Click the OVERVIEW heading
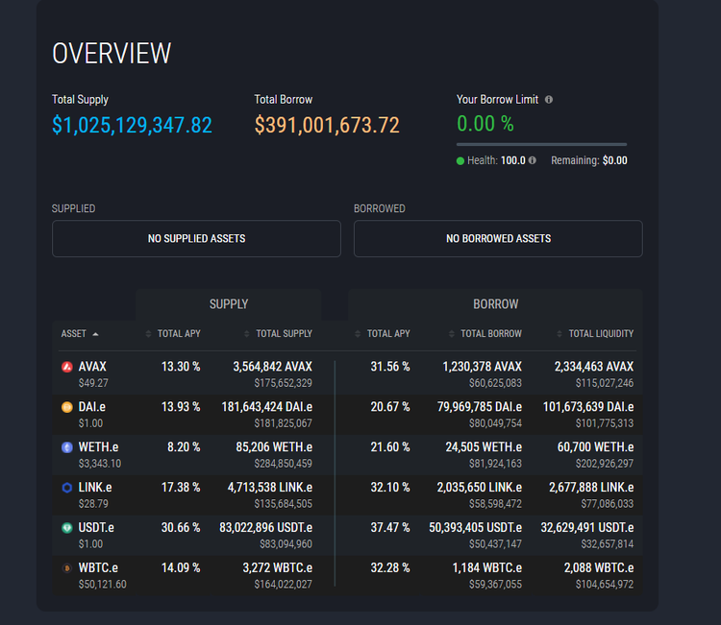112,53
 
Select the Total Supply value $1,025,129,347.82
132,125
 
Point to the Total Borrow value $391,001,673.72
327,125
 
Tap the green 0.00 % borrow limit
485,124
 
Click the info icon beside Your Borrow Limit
549,99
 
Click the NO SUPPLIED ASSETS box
196,238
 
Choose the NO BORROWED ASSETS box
498,238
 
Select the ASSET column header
74,334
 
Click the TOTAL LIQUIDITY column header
600,334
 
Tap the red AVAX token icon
66,367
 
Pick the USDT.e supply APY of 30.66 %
181,527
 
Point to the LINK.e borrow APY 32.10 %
390,487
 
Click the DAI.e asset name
92,407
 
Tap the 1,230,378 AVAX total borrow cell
482,367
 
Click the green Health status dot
460,161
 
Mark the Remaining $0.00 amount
614,161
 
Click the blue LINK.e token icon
66,488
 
